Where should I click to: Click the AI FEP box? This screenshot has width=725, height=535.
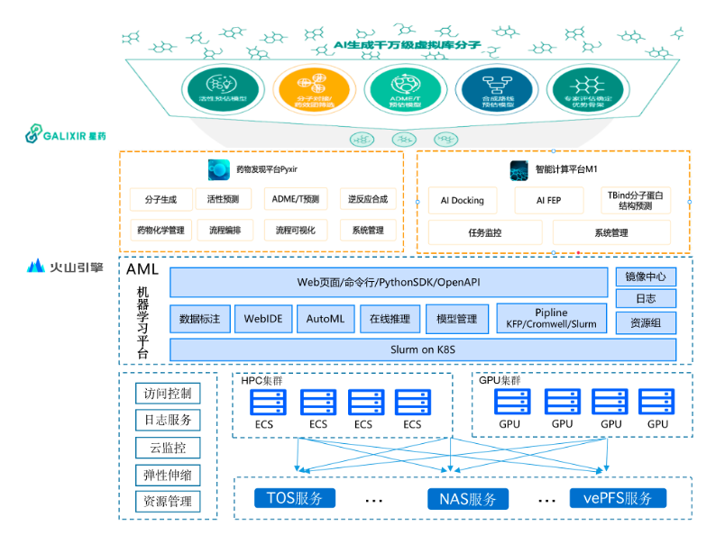point(548,201)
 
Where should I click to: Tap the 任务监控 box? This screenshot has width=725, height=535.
point(485,232)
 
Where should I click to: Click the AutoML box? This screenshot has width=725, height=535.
point(326,319)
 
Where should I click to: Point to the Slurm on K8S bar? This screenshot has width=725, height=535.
point(422,349)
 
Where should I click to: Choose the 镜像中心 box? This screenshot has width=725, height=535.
point(646,277)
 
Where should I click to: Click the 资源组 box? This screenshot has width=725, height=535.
point(646,322)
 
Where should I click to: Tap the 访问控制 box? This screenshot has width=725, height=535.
point(168,394)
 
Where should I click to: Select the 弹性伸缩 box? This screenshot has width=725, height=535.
point(168,475)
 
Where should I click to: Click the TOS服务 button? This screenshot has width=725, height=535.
point(294,498)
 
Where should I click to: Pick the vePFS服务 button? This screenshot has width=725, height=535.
point(618,498)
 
